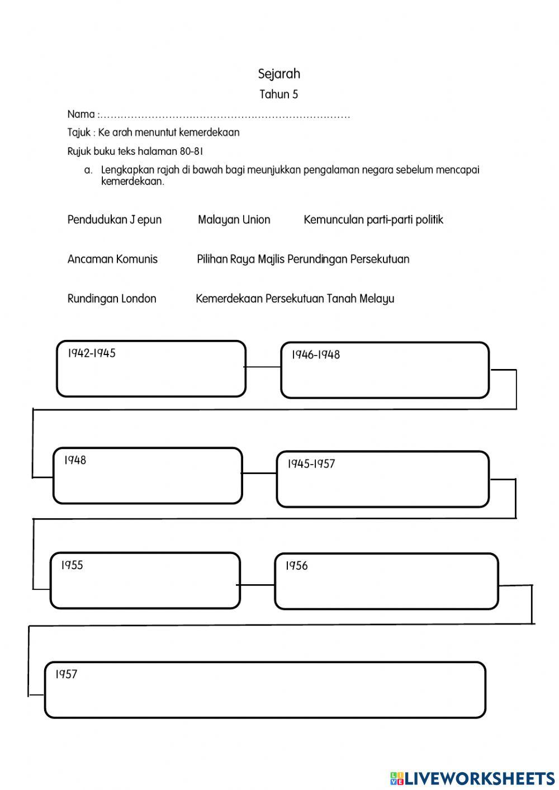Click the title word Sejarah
(279, 74)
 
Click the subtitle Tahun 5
(278, 94)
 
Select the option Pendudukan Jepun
(114, 220)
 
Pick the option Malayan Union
(234, 220)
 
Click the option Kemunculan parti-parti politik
(373, 220)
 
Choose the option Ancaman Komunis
(112, 259)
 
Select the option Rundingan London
(112, 299)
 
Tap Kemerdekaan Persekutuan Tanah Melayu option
(295, 299)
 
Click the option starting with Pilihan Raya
(302, 259)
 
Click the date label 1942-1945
(92, 353)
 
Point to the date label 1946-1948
(315, 355)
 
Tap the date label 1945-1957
(311, 464)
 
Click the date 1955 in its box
(72, 565)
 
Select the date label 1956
(296, 566)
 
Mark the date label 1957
(66, 674)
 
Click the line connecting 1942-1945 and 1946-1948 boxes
(263, 367)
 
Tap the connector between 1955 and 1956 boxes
(257, 585)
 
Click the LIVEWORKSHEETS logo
(472, 778)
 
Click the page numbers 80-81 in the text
(192, 152)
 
